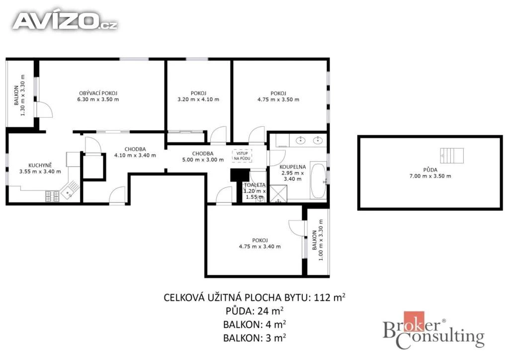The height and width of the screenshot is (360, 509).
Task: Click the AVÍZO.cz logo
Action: point(65,21)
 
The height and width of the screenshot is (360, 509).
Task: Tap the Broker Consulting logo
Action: point(433,331)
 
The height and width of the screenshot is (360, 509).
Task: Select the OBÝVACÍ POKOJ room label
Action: point(98,93)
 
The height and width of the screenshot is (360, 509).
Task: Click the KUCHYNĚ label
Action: point(40,165)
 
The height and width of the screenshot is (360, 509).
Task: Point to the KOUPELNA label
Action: point(292,167)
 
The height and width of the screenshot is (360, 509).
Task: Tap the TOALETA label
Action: point(255,184)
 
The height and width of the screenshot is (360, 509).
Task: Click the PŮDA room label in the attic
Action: point(430,170)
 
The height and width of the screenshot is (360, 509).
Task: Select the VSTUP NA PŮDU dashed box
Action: point(242,156)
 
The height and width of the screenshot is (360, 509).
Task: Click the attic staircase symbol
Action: point(452,156)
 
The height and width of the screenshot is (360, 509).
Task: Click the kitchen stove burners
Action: point(52,196)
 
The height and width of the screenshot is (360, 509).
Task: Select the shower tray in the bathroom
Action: point(278,193)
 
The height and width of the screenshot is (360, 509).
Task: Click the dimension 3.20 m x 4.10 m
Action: point(198,99)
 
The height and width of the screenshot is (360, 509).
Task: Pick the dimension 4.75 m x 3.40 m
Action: point(259,247)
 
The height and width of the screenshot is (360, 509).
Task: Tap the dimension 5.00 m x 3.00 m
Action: point(203,160)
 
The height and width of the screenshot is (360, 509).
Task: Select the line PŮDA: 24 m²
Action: point(255,311)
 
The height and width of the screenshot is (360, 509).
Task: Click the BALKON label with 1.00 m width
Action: point(314,240)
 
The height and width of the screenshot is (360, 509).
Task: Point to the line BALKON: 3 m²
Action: point(254,338)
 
